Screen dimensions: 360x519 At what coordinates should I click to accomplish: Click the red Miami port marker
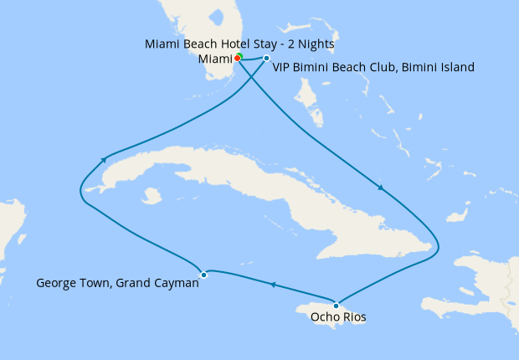click(x=237, y=58)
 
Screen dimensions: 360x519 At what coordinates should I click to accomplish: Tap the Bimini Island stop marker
click(x=266, y=59)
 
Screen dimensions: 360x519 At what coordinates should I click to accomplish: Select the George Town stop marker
click(x=203, y=275)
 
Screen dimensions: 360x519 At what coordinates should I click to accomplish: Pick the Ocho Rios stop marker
click(x=337, y=305)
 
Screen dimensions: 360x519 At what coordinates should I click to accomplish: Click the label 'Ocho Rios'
click(x=338, y=317)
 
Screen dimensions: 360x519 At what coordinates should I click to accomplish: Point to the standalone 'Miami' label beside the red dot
click(x=215, y=59)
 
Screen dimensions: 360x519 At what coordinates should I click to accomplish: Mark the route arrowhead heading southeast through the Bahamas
click(x=382, y=188)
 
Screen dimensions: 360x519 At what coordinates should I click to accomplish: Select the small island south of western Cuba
click(x=152, y=195)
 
